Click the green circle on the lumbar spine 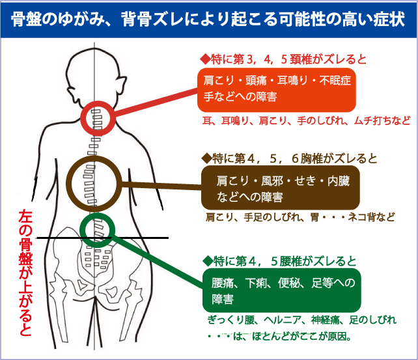[x=100, y=228]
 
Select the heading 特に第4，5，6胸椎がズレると [x=281, y=158]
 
